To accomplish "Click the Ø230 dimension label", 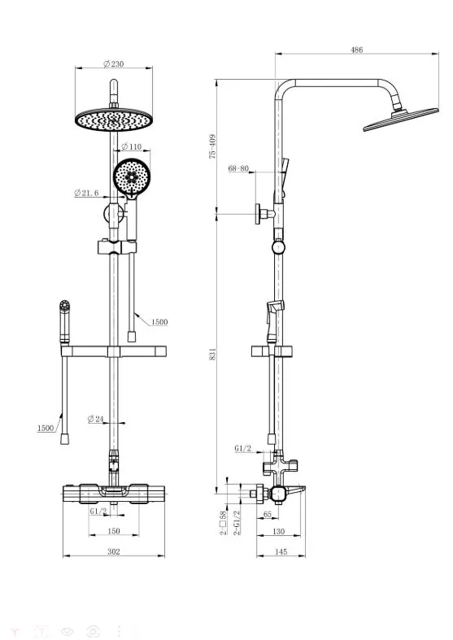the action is point(114,63).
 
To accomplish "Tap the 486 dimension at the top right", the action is point(357,50).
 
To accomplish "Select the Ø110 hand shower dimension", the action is point(132,146).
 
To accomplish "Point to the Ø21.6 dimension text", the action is point(86,193).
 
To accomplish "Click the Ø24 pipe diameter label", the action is point(96,419).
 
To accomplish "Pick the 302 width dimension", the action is point(114,551).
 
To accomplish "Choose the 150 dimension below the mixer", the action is point(114,530).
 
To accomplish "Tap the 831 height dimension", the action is point(212,354).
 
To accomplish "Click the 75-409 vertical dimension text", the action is point(212,146).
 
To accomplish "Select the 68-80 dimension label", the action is point(238,168).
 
